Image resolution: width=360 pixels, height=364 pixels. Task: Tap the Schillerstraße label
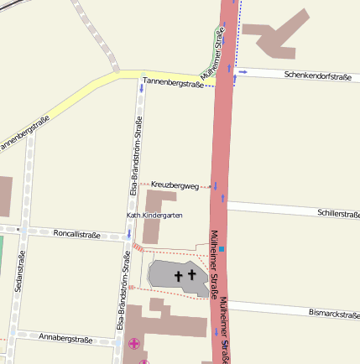click(x=338, y=214)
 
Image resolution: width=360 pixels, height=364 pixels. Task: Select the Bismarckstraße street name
click(x=334, y=313)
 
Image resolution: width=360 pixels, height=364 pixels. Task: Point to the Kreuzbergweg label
click(x=175, y=185)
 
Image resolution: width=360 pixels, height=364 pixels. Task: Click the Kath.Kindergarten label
click(x=154, y=216)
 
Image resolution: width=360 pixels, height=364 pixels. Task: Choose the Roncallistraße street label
click(x=76, y=235)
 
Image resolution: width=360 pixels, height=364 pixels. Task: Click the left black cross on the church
click(x=179, y=274)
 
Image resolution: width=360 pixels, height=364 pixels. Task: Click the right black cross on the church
click(x=192, y=274)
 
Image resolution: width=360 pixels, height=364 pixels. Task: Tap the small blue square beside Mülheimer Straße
click(x=222, y=248)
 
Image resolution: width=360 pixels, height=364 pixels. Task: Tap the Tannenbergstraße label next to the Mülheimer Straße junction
click(x=173, y=81)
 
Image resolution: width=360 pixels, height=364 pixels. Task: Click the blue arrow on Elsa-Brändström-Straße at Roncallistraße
click(x=128, y=234)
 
